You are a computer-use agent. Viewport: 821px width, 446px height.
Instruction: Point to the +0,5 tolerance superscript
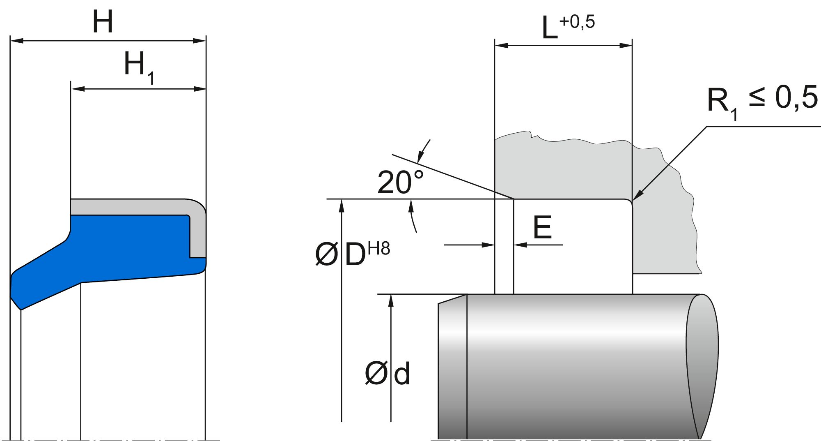pos(576,22)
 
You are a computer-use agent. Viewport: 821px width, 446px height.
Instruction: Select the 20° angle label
pos(400,183)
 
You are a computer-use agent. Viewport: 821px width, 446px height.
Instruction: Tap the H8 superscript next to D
pos(379,249)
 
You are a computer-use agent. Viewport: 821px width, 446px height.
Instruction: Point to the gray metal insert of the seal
pos(135,206)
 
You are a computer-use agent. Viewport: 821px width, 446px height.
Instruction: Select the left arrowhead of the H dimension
pos(16,41)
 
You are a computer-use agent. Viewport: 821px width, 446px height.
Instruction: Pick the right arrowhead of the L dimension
pos(626,46)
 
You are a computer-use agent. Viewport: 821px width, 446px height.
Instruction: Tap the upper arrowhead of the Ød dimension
pos(391,300)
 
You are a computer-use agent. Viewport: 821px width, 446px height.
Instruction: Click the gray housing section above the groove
pos(575,169)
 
